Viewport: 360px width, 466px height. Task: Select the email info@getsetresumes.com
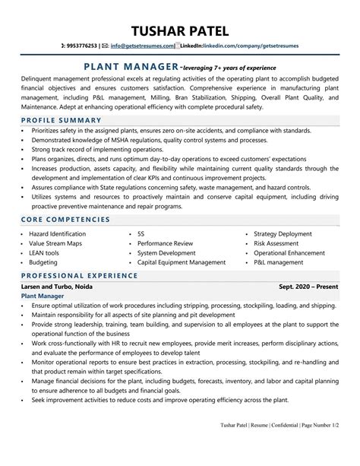click(144, 46)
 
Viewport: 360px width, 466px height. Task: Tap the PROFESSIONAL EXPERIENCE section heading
click(84, 274)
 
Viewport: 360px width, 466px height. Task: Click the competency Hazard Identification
click(58, 233)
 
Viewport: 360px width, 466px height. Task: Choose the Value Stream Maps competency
click(56, 243)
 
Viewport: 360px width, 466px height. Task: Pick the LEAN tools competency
click(45, 252)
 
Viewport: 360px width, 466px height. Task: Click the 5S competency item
click(141, 233)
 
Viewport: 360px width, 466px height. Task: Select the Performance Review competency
click(166, 243)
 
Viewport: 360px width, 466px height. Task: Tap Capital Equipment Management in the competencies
click(182, 262)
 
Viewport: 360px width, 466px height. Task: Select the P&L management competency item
click(279, 262)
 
